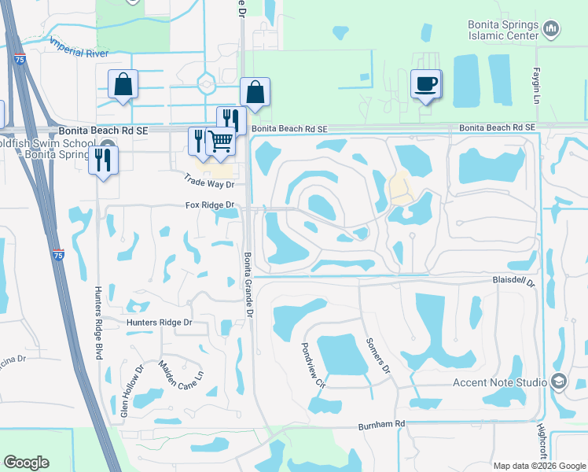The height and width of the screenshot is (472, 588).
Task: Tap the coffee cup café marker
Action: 426,84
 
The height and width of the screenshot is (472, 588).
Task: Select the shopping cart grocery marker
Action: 221,142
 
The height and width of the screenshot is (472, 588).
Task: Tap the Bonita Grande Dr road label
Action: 248,285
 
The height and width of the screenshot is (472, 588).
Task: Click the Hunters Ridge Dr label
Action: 160,323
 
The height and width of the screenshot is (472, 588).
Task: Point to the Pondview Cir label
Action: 313,365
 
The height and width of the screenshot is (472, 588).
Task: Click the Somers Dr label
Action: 378,355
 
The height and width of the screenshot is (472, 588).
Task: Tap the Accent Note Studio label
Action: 499,382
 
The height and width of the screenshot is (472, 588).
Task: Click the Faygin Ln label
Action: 539,64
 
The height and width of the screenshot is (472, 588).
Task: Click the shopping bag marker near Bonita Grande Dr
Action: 255,92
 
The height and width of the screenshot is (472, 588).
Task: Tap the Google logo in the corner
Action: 26,463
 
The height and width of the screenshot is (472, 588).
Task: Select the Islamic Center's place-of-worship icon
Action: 551,31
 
